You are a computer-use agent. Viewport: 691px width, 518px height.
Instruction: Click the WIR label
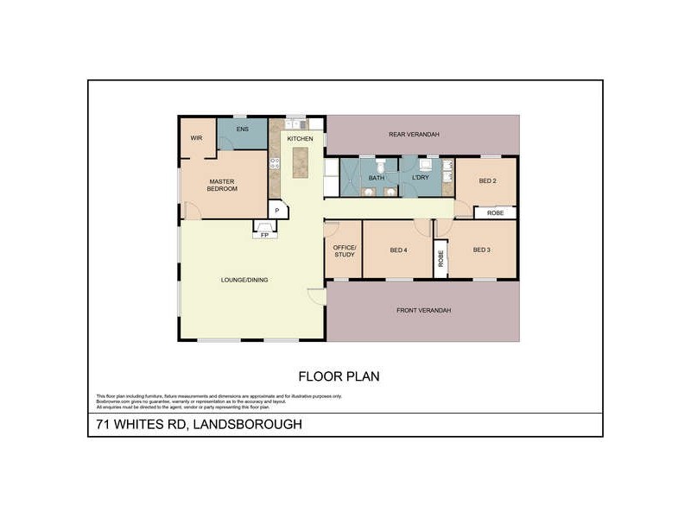tap(196, 137)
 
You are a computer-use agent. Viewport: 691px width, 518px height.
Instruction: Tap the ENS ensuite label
tap(243, 130)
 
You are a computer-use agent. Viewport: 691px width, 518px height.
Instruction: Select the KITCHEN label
tap(300, 138)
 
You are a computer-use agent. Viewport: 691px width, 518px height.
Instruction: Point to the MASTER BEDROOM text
tap(223, 185)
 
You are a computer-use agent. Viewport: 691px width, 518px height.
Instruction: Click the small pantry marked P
tap(276, 210)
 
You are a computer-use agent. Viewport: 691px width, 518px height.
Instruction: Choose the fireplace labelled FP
tap(265, 234)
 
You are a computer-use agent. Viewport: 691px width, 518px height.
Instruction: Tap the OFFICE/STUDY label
tap(345, 250)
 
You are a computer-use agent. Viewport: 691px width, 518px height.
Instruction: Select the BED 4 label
tap(398, 250)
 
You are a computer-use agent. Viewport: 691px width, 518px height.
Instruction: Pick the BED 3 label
tap(482, 250)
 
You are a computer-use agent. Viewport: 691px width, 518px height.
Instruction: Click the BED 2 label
tap(487, 181)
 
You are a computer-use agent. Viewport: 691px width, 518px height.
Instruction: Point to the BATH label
tap(377, 179)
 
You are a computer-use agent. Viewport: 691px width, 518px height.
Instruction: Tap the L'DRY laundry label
tap(421, 178)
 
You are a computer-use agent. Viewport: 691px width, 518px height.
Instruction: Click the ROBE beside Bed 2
tap(495, 212)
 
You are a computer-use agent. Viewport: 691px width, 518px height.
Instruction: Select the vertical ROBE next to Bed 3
tap(441, 258)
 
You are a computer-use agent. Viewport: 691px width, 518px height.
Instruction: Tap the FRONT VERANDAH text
tap(423, 311)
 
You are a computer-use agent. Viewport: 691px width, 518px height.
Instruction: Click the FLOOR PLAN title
tap(339, 376)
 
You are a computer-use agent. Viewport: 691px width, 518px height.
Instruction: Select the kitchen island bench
tap(301, 161)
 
